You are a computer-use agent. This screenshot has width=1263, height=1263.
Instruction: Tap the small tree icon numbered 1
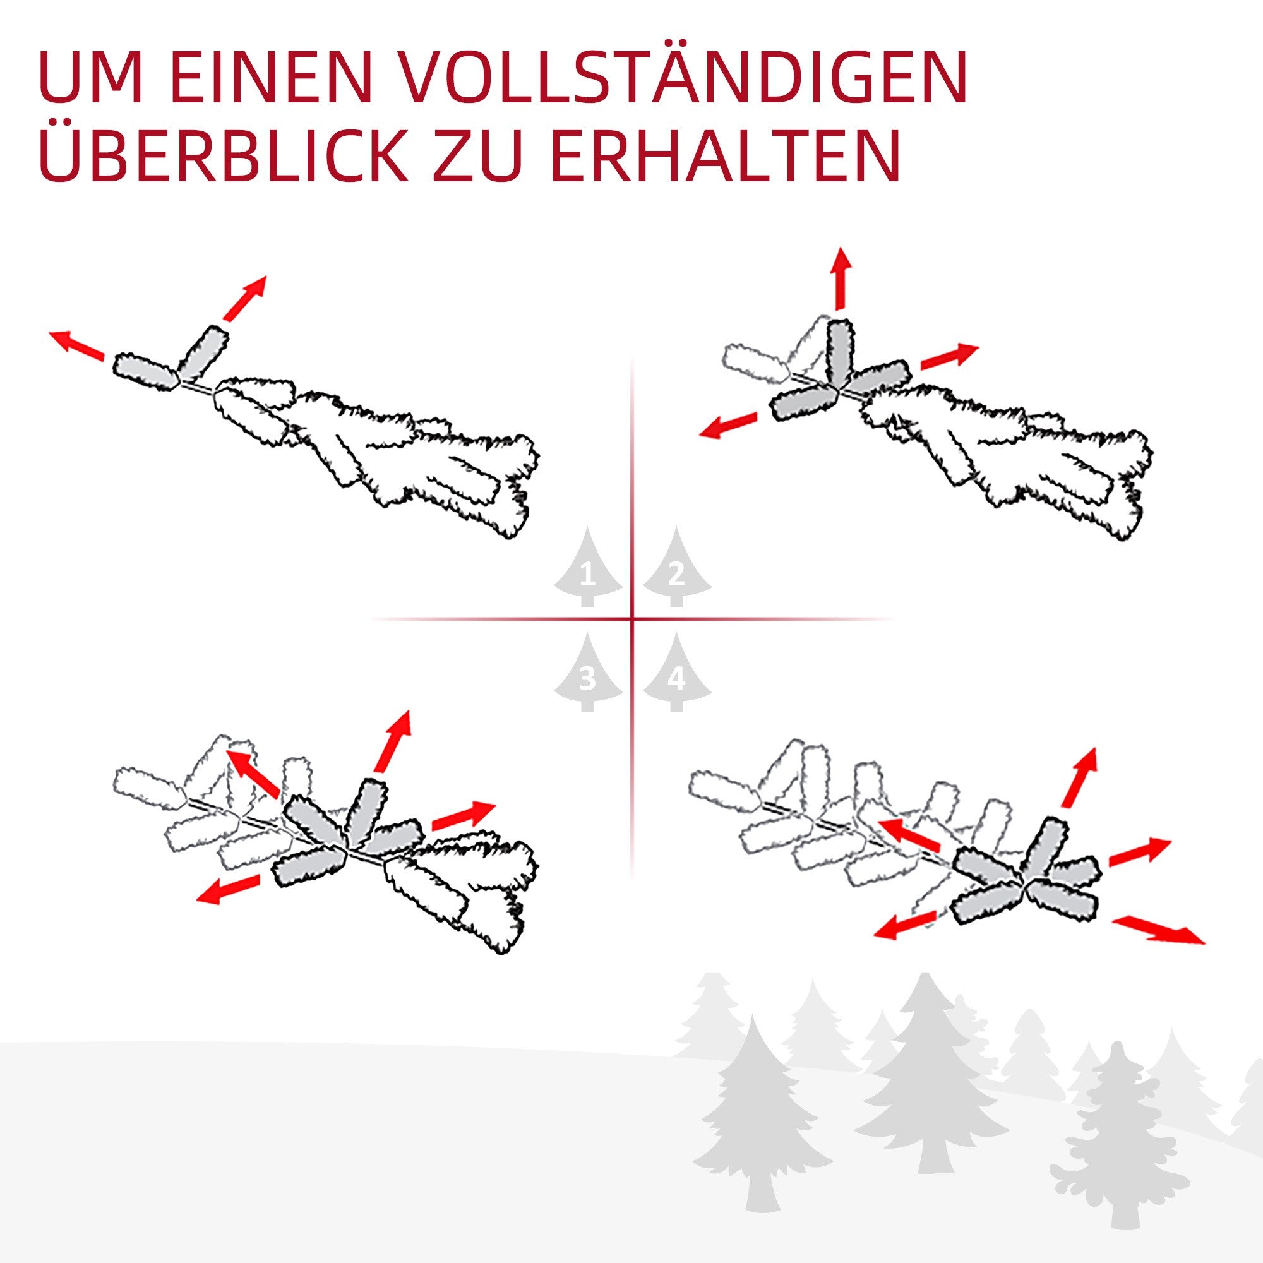tap(589, 568)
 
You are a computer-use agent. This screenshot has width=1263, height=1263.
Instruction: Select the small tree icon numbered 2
tap(676, 568)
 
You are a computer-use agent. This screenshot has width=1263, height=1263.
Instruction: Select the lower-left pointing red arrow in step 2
tap(728, 424)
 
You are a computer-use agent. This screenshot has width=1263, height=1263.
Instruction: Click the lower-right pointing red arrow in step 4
tap(1158, 929)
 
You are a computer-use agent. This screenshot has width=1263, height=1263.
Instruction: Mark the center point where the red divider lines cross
tap(632, 618)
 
